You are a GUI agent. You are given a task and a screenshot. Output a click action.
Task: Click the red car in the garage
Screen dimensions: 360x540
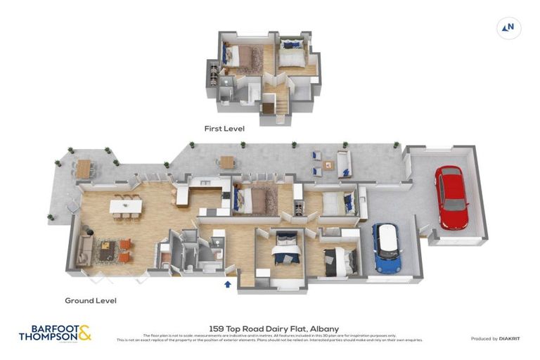click(451, 197)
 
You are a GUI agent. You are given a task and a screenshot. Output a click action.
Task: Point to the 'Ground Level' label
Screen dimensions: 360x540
click(91, 300)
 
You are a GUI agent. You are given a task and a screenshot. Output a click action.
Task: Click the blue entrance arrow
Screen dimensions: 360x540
click(227, 284)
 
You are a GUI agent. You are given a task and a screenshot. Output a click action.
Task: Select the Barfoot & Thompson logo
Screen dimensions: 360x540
click(55, 333)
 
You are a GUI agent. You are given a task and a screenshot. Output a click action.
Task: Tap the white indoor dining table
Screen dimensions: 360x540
click(125, 206)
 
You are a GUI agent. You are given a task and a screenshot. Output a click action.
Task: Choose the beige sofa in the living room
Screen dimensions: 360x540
click(85, 247)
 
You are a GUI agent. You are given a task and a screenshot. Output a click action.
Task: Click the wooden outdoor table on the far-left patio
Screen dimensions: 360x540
click(84, 168)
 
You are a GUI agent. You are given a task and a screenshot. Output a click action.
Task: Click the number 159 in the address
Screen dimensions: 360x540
click(218, 328)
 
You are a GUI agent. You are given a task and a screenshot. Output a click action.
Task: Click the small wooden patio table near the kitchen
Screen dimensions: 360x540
click(226, 161)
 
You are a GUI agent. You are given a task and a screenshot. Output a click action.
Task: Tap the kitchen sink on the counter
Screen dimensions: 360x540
click(205, 184)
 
